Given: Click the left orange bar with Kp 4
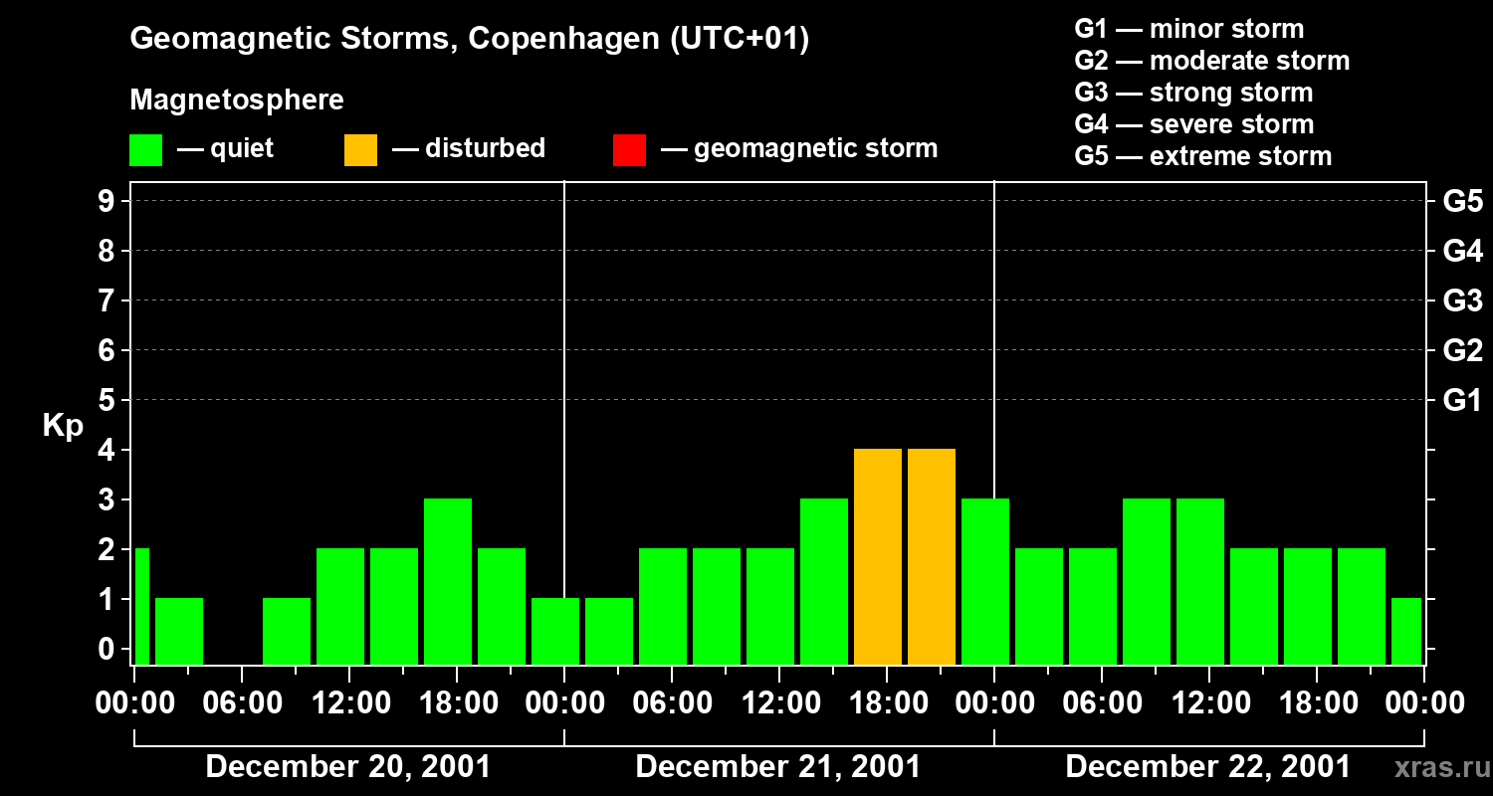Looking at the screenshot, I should [x=878, y=556].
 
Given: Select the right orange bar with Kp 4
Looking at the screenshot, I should [x=932, y=556].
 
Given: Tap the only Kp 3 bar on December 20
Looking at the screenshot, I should [x=448, y=581].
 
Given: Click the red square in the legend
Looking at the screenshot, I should [x=629, y=150].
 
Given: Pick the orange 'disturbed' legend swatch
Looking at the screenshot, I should [x=360, y=150].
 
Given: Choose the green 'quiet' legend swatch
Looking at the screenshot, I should [x=146, y=150].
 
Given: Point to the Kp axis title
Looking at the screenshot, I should [x=63, y=426].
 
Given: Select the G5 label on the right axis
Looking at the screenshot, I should [x=1462, y=202].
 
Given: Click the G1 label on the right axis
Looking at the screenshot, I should [x=1462, y=401].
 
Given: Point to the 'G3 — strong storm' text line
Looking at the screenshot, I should [x=1193, y=93].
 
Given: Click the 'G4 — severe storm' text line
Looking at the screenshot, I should [x=1193, y=124].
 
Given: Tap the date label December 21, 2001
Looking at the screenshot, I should [x=777, y=767].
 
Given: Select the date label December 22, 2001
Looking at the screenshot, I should [x=1207, y=767].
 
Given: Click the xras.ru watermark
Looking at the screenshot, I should [x=1440, y=768].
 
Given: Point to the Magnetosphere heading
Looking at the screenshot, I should [x=237, y=100].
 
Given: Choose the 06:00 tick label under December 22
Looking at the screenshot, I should [x=1101, y=703].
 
